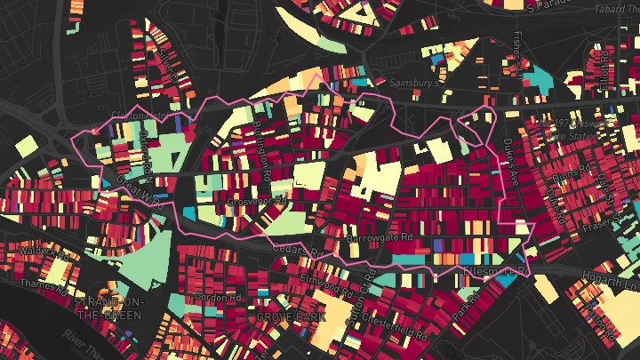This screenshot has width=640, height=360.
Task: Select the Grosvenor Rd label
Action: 257,203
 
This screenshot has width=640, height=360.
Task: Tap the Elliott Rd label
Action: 605,81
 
